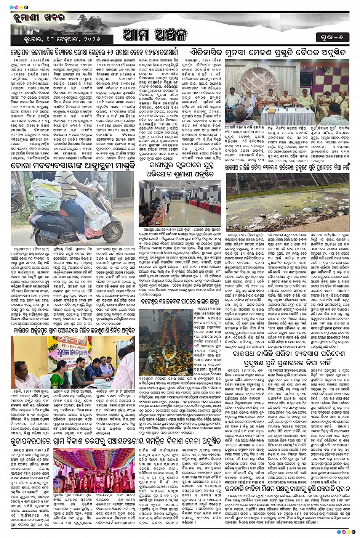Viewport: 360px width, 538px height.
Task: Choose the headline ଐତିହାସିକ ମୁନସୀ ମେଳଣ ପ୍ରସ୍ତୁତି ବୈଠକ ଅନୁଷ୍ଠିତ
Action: point(268,52)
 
